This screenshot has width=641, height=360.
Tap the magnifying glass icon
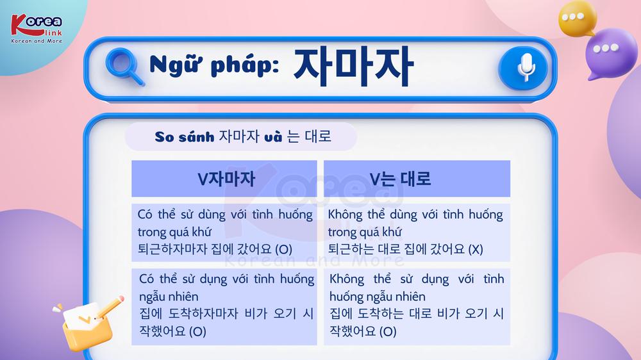124,67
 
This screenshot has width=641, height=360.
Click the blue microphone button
523,68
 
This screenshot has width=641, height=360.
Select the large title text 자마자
354,67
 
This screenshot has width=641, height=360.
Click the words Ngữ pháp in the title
214,65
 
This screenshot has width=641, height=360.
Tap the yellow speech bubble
578,19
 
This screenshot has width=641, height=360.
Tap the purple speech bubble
610,53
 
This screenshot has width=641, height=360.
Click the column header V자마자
226,179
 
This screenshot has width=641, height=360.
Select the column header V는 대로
400,179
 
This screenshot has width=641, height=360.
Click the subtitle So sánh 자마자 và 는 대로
243,136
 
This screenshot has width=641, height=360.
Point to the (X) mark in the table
476,249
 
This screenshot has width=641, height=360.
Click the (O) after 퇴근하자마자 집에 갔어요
284,249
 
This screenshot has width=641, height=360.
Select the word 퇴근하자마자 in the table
172,249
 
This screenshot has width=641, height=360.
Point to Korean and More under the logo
37,41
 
